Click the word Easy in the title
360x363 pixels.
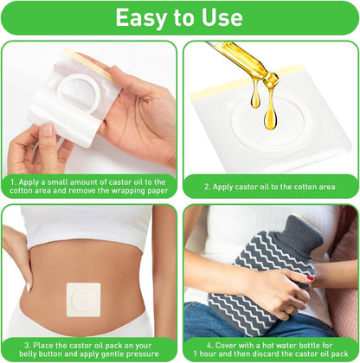point(142,17)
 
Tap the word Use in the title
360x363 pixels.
point(222,17)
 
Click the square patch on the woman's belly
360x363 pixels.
point(84,300)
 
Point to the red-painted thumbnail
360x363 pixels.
point(310,278)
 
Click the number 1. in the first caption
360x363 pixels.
point(14,182)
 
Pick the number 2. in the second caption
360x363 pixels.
point(208,187)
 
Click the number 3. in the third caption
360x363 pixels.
point(28,345)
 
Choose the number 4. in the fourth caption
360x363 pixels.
point(210,345)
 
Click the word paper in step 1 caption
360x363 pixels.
point(157,191)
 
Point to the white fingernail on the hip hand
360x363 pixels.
point(29,287)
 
